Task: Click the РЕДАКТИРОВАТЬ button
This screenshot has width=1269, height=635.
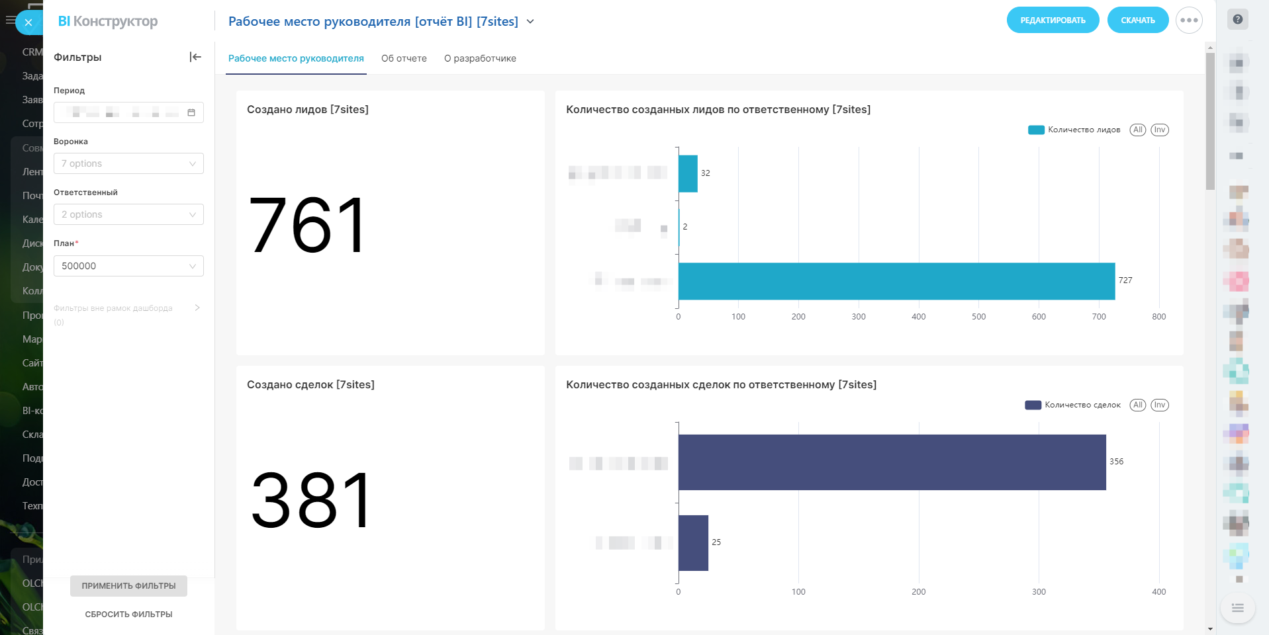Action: point(1053,21)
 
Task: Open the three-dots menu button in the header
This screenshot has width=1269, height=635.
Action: point(1189,21)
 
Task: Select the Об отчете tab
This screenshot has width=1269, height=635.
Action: point(404,58)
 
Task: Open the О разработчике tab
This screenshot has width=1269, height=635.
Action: point(480,58)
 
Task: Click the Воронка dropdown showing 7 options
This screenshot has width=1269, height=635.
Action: point(128,163)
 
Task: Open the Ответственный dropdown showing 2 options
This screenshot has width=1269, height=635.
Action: point(128,214)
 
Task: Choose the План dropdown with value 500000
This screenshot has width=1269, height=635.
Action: point(128,266)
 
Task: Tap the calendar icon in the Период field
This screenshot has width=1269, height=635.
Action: point(191,112)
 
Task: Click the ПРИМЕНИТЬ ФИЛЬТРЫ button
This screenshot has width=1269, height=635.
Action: point(128,586)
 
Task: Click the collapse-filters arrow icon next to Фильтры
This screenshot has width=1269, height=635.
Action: point(195,57)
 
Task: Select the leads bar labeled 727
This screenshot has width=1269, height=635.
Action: point(896,281)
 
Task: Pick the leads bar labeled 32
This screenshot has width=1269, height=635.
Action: point(688,173)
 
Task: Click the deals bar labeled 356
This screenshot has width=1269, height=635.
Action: point(892,462)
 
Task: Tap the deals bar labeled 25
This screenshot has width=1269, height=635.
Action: point(693,543)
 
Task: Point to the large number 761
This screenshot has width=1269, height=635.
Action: point(307,226)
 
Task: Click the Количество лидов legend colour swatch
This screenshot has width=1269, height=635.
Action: point(1036,130)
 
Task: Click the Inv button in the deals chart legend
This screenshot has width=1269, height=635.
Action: point(1159,405)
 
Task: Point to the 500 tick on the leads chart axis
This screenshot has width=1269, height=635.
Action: point(978,317)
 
